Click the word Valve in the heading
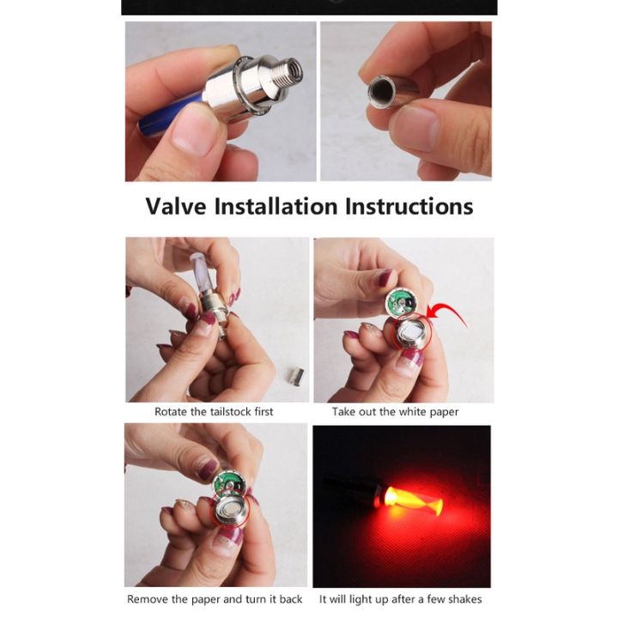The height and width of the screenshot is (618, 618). pos(176,207)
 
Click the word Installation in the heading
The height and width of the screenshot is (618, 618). pos(277,207)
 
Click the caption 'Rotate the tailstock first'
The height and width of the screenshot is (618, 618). pos(214,412)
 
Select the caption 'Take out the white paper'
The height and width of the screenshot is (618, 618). pos(396,412)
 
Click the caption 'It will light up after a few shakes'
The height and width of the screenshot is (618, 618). pos(401,599)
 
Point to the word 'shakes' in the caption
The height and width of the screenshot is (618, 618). pos(463,599)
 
